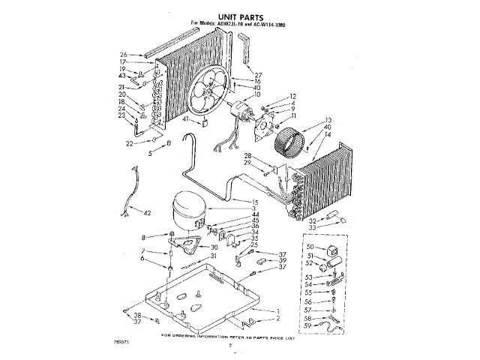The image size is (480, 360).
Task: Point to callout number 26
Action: (124, 54)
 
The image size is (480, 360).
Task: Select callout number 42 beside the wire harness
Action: (148, 213)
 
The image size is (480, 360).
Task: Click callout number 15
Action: (256, 202)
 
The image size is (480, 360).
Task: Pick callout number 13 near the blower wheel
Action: (327, 121)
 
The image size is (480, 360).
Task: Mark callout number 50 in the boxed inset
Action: (309, 246)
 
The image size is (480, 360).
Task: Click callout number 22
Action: (129, 142)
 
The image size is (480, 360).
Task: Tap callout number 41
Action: (184, 119)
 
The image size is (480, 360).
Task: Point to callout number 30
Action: (214, 247)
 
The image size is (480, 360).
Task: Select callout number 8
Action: (142, 238)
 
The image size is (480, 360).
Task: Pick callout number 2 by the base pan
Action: (277, 319)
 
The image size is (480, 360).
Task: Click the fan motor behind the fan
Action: (241, 110)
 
